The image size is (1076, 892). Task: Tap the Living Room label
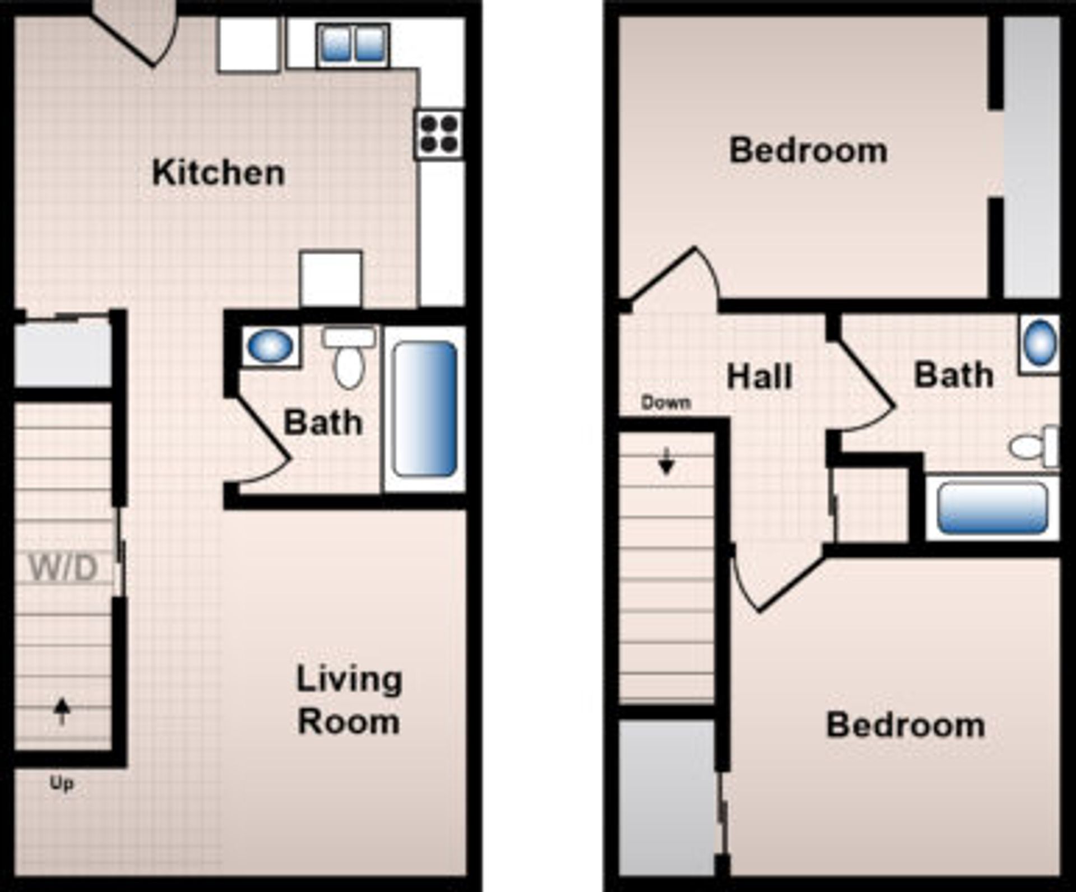[349, 700]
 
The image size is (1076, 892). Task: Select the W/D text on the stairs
[63, 568]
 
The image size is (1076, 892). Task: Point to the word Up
[62, 783]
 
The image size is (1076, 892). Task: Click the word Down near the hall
[666, 402]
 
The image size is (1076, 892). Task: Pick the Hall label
[759, 377]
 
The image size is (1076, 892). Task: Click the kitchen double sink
[353, 44]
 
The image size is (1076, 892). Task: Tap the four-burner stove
[440, 134]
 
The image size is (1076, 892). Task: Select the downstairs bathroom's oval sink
[270, 346]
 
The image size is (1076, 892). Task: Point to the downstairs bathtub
[425, 409]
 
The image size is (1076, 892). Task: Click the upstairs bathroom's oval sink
[1040, 343]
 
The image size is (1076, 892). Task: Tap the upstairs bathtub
[992, 508]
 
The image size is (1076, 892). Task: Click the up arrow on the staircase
[62, 711]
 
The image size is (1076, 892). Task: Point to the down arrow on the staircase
[666, 461]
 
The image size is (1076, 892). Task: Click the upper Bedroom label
[808, 151]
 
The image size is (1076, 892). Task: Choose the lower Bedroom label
[905, 725]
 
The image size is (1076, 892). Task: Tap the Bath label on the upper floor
[954, 375]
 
